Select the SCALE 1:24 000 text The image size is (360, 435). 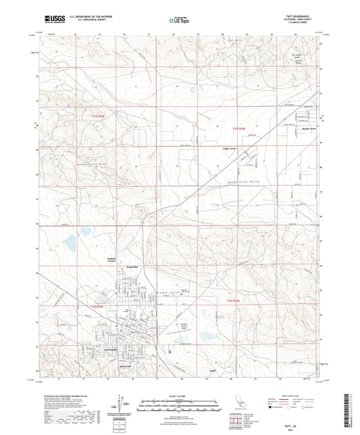pyautogui.click(x=179, y=395)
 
